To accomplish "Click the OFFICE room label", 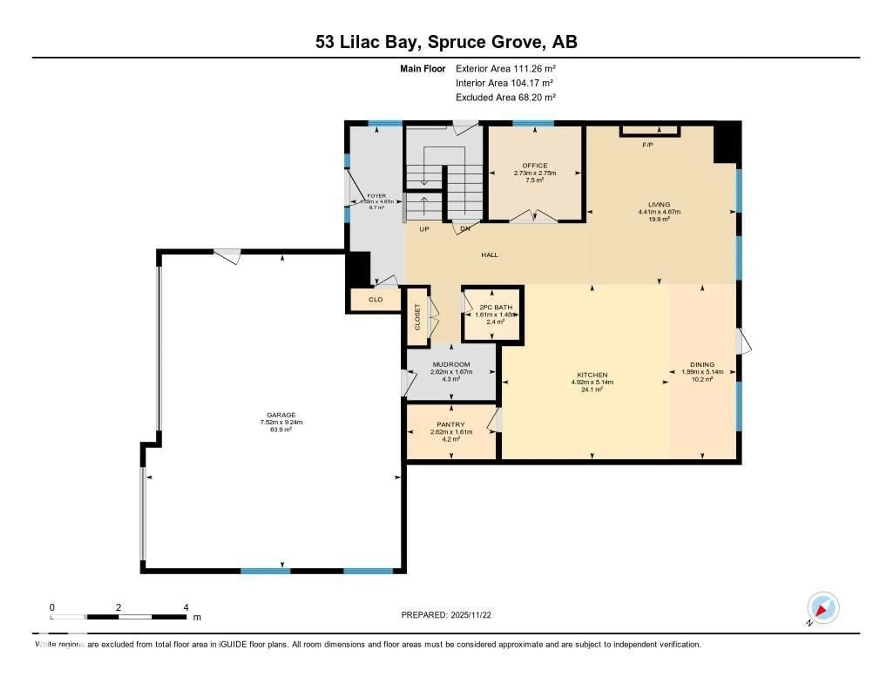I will point(535,165).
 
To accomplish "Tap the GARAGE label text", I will point(281,415).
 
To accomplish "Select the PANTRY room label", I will point(451,425).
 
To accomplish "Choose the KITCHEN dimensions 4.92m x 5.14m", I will point(592,382).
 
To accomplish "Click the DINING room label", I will point(702,364).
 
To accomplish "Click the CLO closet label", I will point(375,299).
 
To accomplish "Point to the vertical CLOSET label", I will point(417,317).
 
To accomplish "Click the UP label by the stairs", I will point(424,229).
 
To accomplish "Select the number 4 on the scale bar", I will point(186,607).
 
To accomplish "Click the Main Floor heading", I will point(422,69).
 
